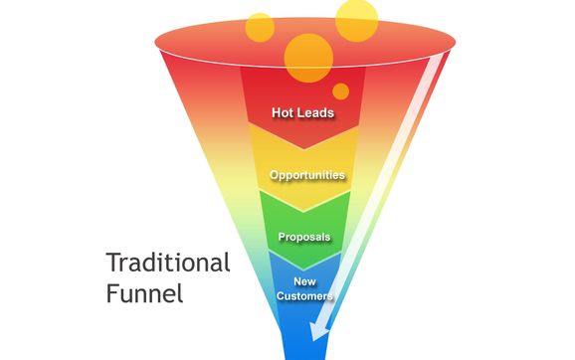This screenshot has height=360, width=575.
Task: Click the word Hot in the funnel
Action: (x=285, y=112)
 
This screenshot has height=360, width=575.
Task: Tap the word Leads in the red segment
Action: (x=315, y=112)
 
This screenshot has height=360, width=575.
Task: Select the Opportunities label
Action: (x=306, y=175)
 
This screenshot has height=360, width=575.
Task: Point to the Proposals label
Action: (x=304, y=237)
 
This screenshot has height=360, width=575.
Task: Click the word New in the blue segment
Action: (x=304, y=281)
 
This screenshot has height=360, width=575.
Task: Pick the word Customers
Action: (x=304, y=295)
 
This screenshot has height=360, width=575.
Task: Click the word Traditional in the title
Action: (x=167, y=264)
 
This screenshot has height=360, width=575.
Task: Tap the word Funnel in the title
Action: (x=145, y=295)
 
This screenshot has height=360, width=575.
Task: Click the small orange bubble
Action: (x=340, y=91)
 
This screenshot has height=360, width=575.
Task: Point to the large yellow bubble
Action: (x=355, y=19)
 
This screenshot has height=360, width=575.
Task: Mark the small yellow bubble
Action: (x=260, y=27)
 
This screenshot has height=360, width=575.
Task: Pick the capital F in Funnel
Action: (x=111, y=294)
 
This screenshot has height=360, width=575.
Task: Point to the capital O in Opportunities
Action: (x=274, y=175)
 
